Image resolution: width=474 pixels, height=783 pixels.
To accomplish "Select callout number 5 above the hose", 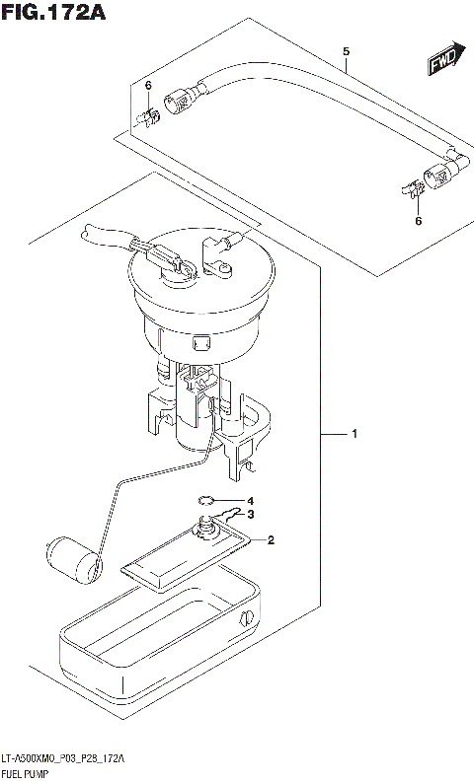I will [346, 50].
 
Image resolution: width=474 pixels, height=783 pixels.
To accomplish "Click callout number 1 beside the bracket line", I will [355, 433].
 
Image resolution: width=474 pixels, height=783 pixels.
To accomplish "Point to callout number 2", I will [270, 539].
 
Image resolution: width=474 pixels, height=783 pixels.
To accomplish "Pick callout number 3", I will [251, 514].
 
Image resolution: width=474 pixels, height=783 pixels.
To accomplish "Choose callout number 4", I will [251, 500].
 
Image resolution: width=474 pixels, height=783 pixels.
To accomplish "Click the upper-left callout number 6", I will [148, 87].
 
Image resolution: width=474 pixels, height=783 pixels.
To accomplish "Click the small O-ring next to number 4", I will [205, 500].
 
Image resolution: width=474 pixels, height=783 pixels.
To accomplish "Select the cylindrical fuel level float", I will [74, 558].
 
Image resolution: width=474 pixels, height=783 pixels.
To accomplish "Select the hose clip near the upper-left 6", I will [148, 119].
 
